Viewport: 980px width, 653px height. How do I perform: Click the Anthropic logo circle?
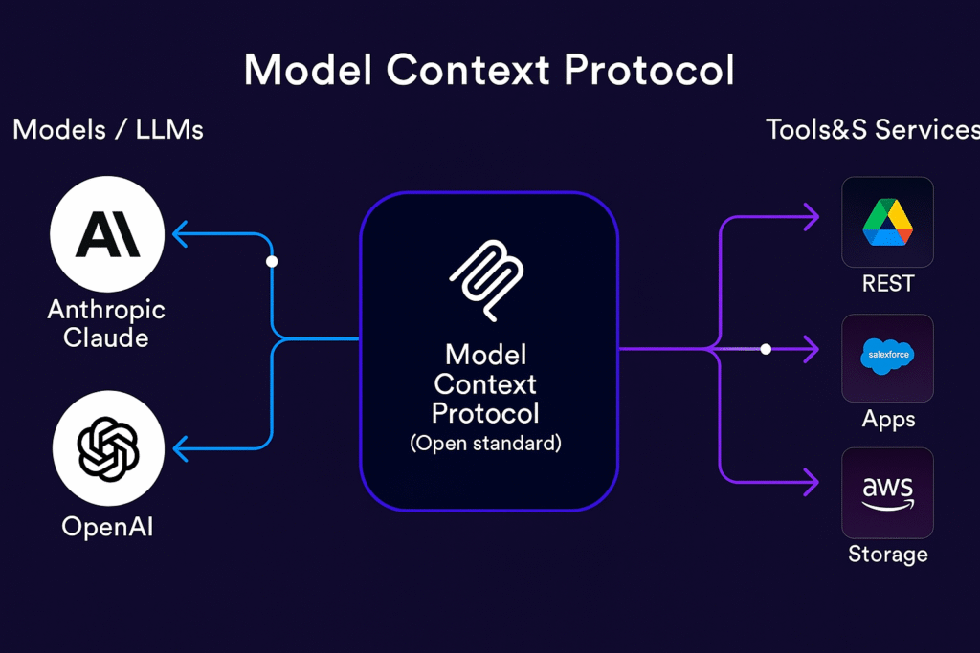tap(107, 234)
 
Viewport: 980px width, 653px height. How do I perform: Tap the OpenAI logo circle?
tap(109, 448)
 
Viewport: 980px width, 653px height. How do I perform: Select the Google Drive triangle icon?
tap(887, 222)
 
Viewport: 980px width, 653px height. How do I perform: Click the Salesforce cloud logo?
tap(887, 356)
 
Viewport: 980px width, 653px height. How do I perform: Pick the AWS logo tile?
tap(887, 492)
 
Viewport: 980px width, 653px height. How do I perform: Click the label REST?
tap(888, 283)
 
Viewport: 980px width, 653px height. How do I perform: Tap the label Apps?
tap(888, 420)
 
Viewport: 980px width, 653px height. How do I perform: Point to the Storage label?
tap(887, 555)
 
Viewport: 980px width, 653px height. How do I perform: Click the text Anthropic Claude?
tap(106, 323)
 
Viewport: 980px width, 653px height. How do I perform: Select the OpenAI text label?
tap(107, 527)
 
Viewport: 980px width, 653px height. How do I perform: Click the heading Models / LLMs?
tap(108, 130)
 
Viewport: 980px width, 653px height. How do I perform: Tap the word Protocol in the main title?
tap(649, 69)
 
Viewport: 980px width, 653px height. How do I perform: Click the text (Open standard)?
tap(485, 444)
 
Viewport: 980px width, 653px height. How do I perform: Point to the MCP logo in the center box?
tap(487, 280)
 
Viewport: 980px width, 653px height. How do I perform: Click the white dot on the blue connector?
tap(272, 262)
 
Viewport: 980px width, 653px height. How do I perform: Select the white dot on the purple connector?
tap(766, 349)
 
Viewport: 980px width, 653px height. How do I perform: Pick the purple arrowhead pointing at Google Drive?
tap(812, 217)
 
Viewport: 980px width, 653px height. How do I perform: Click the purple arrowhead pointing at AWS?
tap(812, 483)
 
